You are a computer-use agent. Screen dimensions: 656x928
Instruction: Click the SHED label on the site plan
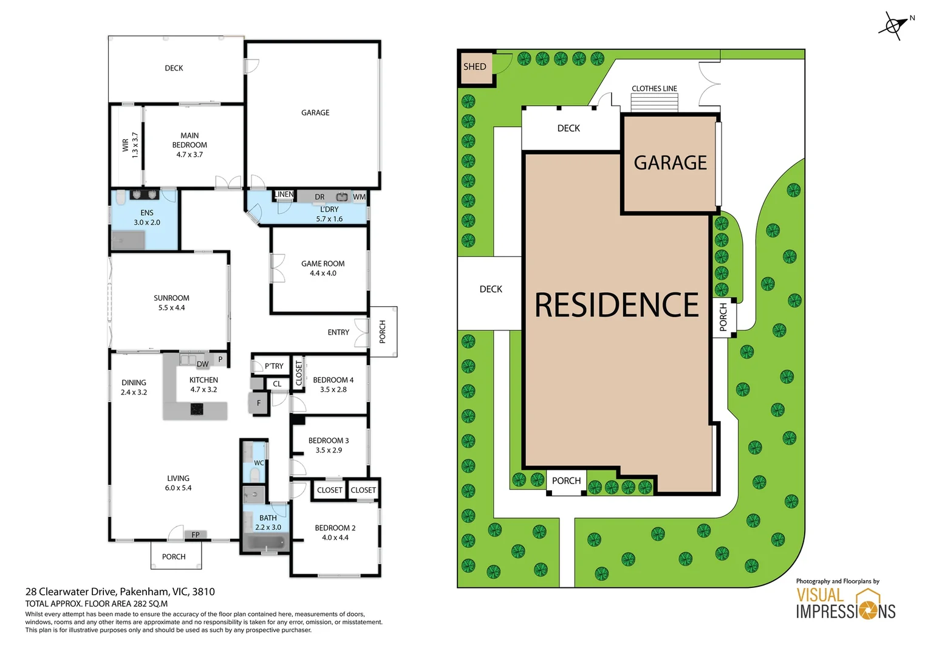point(474,67)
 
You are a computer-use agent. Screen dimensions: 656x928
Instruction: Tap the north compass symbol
point(893,26)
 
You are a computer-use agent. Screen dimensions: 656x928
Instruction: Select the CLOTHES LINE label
point(654,89)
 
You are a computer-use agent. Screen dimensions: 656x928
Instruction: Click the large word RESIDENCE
point(616,305)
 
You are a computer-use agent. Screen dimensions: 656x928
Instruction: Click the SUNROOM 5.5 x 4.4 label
point(171,302)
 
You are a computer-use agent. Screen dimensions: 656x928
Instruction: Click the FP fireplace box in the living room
point(196,535)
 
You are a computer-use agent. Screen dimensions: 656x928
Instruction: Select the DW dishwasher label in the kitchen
point(202,364)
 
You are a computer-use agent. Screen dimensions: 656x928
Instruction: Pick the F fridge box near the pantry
point(259,403)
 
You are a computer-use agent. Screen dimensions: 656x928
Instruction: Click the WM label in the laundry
point(359,197)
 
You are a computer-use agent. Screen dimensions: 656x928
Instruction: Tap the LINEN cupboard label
point(284,194)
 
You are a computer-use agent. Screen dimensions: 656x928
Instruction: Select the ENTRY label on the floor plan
point(338,332)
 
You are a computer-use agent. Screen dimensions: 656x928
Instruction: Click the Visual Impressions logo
point(845,603)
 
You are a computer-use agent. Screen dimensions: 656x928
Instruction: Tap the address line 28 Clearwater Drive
point(120,592)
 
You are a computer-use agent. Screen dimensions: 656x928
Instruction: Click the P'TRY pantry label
point(274,366)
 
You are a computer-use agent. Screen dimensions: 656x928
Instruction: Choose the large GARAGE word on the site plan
point(670,163)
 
